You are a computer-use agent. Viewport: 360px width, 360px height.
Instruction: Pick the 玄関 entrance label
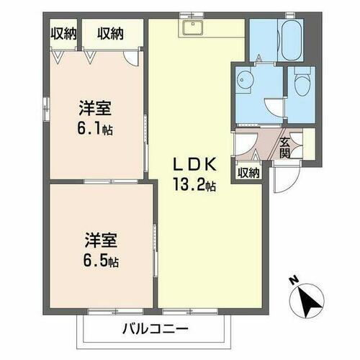284,148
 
